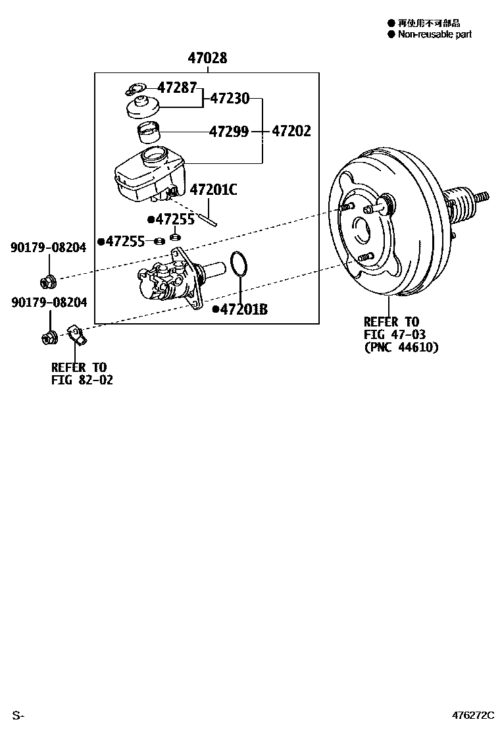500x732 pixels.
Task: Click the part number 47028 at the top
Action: coord(207,59)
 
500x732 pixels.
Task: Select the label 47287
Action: coord(176,87)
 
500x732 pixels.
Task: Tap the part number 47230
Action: coord(230,99)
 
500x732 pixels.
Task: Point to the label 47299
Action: coord(229,132)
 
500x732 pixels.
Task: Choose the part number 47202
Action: coord(291,132)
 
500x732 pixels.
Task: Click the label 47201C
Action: coord(213,190)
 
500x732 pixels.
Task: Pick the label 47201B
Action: coord(244,309)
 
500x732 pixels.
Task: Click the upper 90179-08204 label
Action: coord(48,248)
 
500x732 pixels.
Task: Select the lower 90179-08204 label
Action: coord(48,302)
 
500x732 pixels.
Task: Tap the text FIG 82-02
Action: coord(82,380)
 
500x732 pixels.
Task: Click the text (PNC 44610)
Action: coord(401,347)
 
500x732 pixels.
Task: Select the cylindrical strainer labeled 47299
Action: coord(148,134)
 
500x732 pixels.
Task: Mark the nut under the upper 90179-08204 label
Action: coord(48,282)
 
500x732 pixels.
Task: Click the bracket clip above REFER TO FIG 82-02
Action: coord(77,336)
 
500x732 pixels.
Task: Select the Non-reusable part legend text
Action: coord(434,34)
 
